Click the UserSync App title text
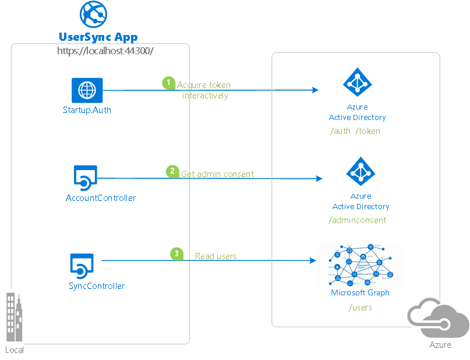click(x=98, y=37)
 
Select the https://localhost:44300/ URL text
click(x=105, y=51)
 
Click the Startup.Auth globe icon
click(x=87, y=90)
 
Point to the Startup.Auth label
click(x=87, y=110)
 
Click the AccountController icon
click(x=86, y=178)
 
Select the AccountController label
click(x=101, y=198)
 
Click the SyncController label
click(x=97, y=286)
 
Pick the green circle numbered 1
click(x=168, y=83)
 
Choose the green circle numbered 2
click(x=172, y=171)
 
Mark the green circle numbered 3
click(x=176, y=253)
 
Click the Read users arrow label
click(x=215, y=256)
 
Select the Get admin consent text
click(x=217, y=174)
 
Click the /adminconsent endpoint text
click(x=358, y=220)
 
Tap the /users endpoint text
click(x=360, y=308)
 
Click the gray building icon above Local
click(x=15, y=317)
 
